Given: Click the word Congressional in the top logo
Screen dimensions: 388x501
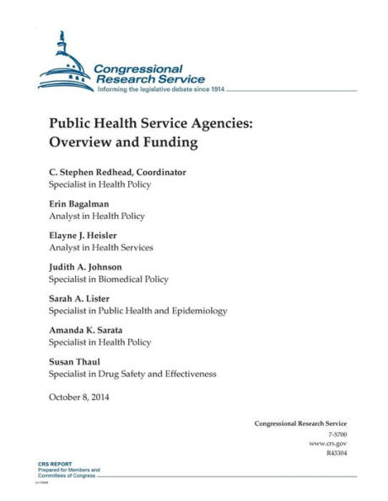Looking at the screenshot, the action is click(x=137, y=68).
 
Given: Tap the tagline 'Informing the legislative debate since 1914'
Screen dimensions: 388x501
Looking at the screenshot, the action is click(x=161, y=88).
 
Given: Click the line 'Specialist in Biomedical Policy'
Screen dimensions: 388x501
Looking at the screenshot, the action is click(x=109, y=279).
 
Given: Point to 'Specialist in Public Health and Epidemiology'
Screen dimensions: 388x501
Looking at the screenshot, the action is click(x=138, y=311).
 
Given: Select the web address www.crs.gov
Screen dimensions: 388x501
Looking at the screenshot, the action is click(x=328, y=442).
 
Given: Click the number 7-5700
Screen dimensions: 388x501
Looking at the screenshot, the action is click(x=336, y=433).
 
